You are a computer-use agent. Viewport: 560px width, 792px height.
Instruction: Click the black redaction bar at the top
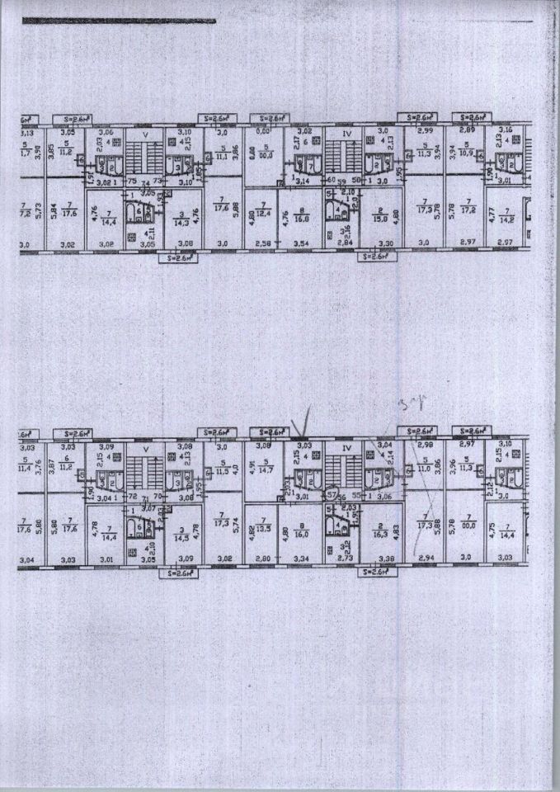point(119,21)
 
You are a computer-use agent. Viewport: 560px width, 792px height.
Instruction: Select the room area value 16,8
point(300,219)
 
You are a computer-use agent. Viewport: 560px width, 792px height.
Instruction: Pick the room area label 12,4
point(262,216)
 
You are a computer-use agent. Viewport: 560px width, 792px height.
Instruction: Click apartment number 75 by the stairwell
point(132,181)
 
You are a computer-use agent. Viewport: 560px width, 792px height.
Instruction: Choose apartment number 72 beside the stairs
point(131,498)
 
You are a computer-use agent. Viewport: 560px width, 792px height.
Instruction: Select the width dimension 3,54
point(299,245)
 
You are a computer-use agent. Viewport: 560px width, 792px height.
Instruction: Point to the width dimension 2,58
point(261,245)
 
